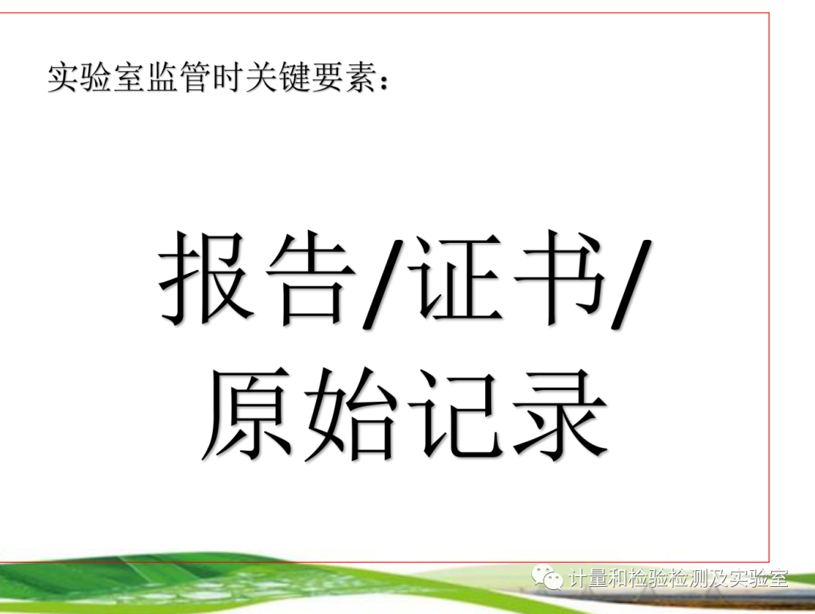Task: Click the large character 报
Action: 205,278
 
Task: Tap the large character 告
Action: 311,278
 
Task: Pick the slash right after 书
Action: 631,284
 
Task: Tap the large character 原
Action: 246,413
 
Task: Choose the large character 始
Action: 350,413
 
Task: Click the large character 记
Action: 454,413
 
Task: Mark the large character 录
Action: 560,413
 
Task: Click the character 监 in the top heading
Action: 162,78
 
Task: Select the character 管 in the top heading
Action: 195,78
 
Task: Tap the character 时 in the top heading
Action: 228,78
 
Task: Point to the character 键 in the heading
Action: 294,78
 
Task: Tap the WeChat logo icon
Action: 547,577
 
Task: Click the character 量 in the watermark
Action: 598,578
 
